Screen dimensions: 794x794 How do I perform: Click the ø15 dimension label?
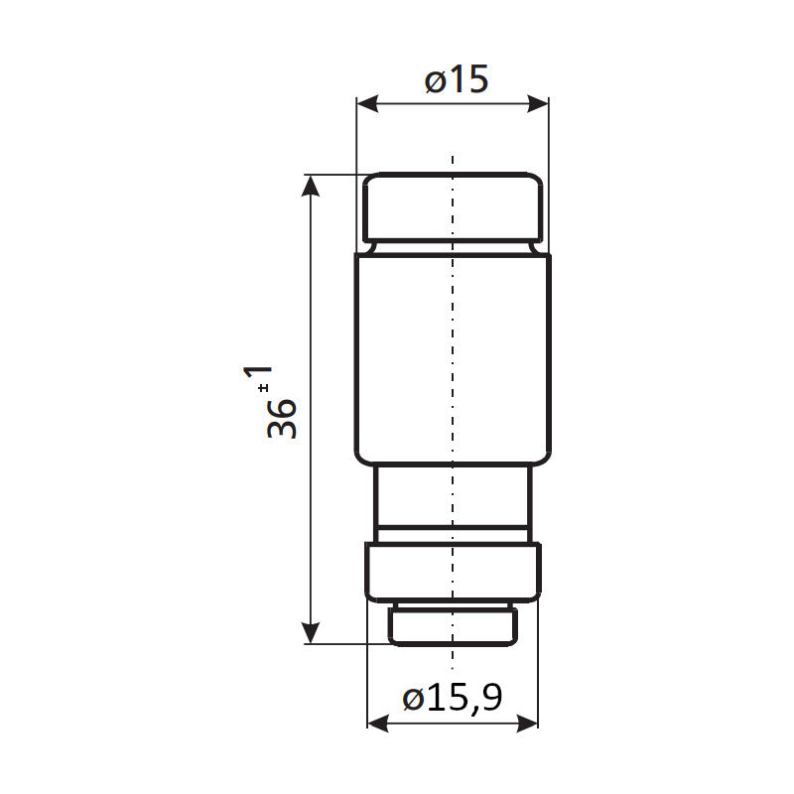point(457,79)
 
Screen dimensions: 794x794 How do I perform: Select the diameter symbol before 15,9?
point(416,699)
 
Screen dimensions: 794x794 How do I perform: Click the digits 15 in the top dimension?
point(470,79)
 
